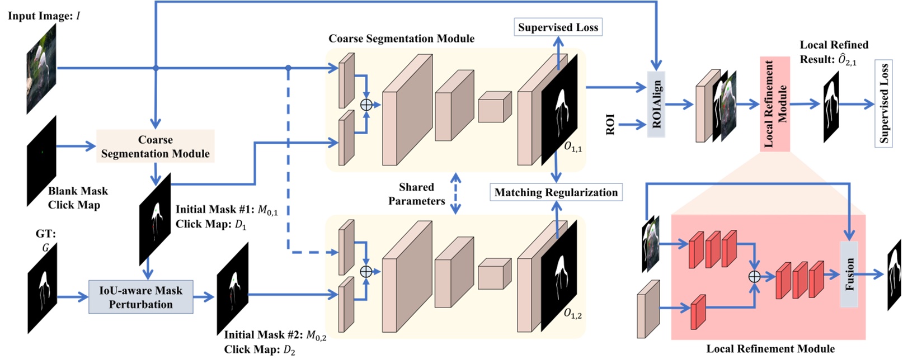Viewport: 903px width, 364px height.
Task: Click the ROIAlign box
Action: (x=656, y=104)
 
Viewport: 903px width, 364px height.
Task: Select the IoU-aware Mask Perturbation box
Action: (x=141, y=297)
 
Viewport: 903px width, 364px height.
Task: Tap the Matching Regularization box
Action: (x=556, y=192)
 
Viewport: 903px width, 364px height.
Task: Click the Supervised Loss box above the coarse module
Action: (x=558, y=27)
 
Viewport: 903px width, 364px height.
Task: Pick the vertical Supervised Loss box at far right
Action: (x=884, y=104)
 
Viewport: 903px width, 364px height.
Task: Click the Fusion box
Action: (x=849, y=274)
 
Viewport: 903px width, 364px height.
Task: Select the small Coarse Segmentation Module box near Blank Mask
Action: (x=156, y=146)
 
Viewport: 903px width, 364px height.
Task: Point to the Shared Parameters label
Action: (x=416, y=194)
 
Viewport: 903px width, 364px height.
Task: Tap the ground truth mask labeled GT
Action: (x=43, y=288)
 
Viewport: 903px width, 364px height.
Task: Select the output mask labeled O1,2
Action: (x=559, y=277)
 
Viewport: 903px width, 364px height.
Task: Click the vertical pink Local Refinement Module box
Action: (x=775, y=104)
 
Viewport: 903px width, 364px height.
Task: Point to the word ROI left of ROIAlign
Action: (x=610, y=124)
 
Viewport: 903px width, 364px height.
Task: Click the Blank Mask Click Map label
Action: (x=77, y=198)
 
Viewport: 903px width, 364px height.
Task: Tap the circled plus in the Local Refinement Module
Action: (x=754, y=276)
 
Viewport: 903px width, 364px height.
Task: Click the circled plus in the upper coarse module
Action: (x=366, y=105)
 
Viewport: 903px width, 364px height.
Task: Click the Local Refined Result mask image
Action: (x=831, y=106)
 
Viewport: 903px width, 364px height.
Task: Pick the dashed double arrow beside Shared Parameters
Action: (x=456, y=193)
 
